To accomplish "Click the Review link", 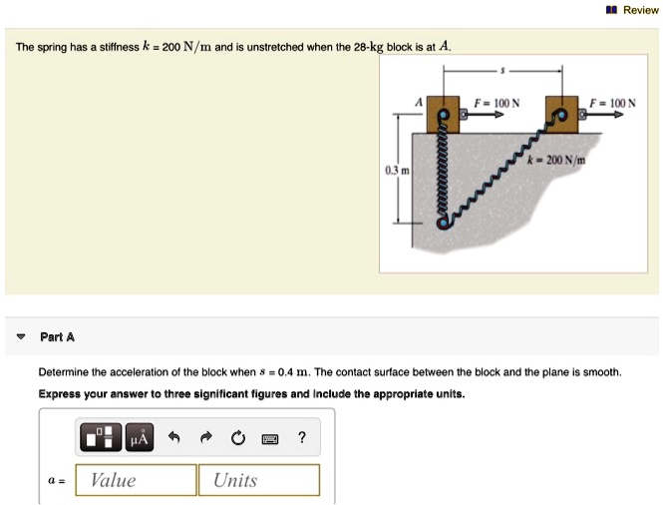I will click(640, 10).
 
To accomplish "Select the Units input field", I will click(259, 480).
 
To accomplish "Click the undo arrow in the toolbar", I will click(172, 437).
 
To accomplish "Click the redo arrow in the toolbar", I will click(204, 437).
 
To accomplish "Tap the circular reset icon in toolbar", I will click(237, 437).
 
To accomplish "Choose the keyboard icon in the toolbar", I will click(269, 437).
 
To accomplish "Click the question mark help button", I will click(302, 437).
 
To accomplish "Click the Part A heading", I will click(57, 336).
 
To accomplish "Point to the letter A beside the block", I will click(420, 103).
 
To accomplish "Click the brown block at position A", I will click(445, 114).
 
